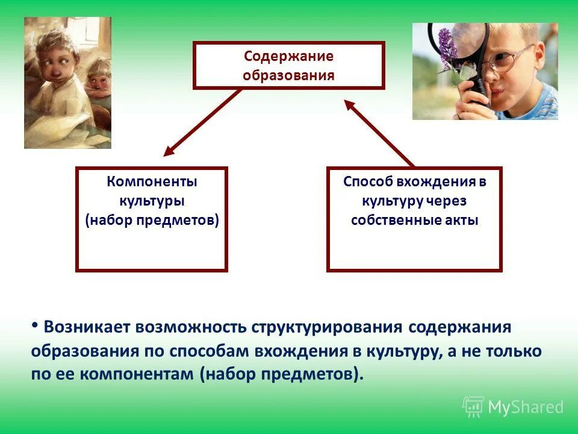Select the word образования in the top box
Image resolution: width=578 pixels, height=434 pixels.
click(288, 75)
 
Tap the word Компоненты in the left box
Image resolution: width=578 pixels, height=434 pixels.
click(152, 181)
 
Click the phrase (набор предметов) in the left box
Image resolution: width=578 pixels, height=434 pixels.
click(152, 219)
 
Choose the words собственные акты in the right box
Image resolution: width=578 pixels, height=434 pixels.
click(414, 219)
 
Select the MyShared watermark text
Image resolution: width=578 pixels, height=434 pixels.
click(525, 407)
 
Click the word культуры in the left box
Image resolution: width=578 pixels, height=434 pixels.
click(152, 200)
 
